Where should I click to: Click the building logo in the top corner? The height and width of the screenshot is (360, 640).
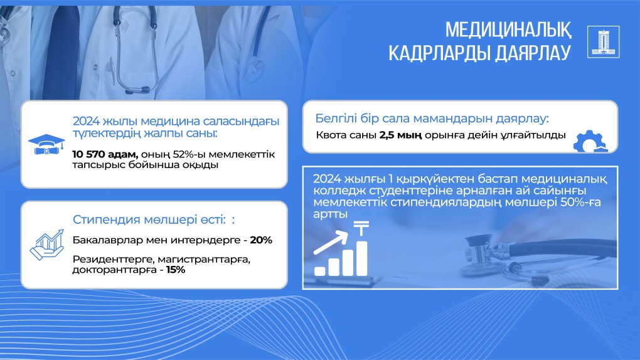(603, 41)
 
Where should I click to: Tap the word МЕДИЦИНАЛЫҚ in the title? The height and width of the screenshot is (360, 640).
(508, 30)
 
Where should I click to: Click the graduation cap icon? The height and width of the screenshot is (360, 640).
(46, 144)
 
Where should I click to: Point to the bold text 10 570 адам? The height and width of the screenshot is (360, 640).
(105, 154)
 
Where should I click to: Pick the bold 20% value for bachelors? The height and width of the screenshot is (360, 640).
(261, 240)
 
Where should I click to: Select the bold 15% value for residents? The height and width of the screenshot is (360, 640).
(176, 270)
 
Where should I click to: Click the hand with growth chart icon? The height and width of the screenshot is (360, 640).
(47, 245)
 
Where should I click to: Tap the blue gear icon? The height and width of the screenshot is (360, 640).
(590, 141)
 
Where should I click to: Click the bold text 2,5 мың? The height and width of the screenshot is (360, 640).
(400, 135)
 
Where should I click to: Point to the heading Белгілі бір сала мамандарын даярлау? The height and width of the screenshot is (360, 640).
(432, 119)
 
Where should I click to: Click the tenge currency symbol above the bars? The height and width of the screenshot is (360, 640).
(361, 228)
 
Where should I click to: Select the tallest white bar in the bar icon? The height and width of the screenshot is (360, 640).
(361, 258)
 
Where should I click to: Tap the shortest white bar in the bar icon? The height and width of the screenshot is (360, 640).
(320, 271)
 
